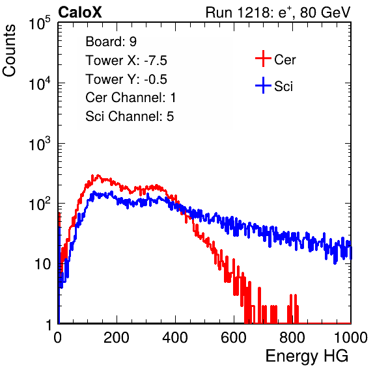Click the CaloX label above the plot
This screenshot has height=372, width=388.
point(79,12)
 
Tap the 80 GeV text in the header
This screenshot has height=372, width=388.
point(325,12)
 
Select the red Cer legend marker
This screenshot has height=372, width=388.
point(263,59)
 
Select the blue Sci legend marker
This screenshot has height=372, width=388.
point(263,85)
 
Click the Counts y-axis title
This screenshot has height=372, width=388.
point(9,51)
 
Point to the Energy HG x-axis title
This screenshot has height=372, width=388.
point(307,356)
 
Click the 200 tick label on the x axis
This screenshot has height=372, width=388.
point(117,338)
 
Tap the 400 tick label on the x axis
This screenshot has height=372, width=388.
point(175,338)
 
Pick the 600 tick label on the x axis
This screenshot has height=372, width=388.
point(234,338)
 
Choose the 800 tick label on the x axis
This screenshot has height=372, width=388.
point(292,338)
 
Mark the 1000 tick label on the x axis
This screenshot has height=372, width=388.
point(351,338)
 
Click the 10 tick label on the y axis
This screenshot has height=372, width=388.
point(43,265)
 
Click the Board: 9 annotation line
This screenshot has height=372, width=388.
point(111,42)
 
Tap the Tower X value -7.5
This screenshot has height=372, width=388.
point(156,60)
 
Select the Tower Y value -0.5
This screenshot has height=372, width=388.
point(156,79)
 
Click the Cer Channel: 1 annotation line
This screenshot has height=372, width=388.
point(131,98)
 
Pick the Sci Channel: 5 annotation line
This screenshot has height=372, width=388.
point(130,116)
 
